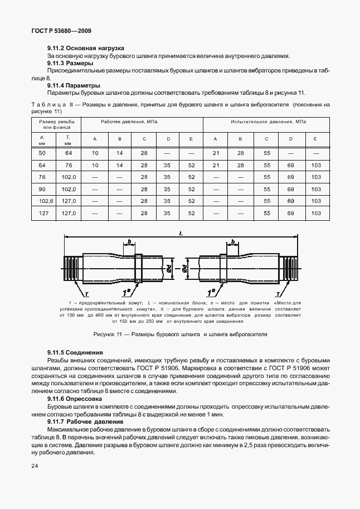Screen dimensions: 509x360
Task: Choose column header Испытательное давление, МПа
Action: (267, 121)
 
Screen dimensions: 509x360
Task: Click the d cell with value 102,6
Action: (42, 201)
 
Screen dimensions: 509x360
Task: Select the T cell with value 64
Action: (69, 153)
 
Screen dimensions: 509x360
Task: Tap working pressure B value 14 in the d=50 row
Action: (119, 153)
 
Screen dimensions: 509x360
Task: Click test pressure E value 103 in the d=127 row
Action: (316, 213)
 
